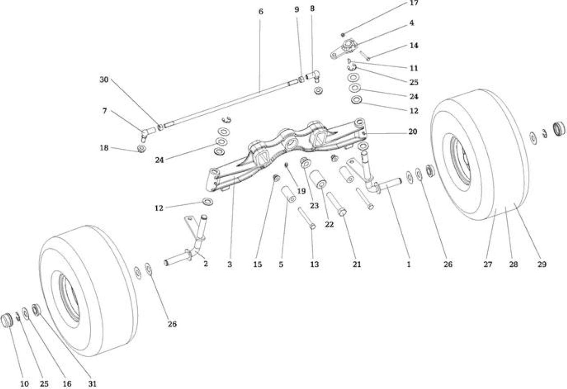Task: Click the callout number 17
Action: click(414, 3)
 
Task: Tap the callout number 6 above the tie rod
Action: click(261, 12)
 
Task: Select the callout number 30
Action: click(104, 79)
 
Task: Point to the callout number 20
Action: click(412, 132)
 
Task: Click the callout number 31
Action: click(93, 384)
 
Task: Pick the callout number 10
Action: click(24, 384)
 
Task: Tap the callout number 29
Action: click(542, 264)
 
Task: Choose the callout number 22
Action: click(329, 224)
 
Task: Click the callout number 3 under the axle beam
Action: click(229, 265)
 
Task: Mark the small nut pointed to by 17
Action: click(343, 35)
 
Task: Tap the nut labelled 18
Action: click(141, 149)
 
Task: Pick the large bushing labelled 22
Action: click(318, 180)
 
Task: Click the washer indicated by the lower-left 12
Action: click(208, 202)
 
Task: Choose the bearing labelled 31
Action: click(36, 310)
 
